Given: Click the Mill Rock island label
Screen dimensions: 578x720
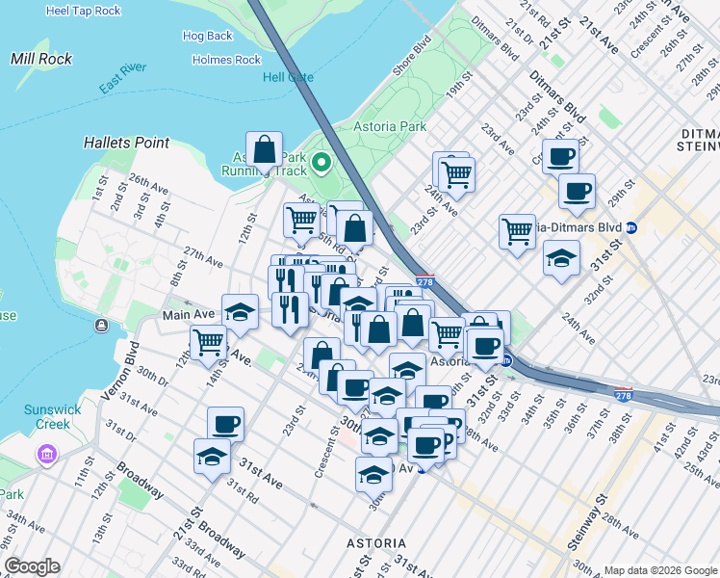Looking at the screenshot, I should pyautogui.click(x=36, y=59).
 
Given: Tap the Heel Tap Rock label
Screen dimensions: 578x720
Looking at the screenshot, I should pyautogui.click(x=84, y=11).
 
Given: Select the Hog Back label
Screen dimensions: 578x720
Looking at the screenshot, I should pyautogui.click(x=207, y=37).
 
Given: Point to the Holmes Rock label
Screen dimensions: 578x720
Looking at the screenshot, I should pyautogui.click(x=226, y=60).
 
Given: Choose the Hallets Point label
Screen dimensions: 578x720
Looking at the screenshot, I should pyautogui.click(x=126, y=143).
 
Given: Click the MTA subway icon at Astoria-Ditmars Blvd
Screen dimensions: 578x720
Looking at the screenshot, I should pyautogui.click(x=632, y=228).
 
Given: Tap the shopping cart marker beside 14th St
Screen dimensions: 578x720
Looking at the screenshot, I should pyautogui.click(x=208, y=341).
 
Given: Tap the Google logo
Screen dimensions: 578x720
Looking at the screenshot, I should pyautogui.click(x=31, y=566).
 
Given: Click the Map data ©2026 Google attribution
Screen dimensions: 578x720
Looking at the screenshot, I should pyautogui.click(x=660, y=570).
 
